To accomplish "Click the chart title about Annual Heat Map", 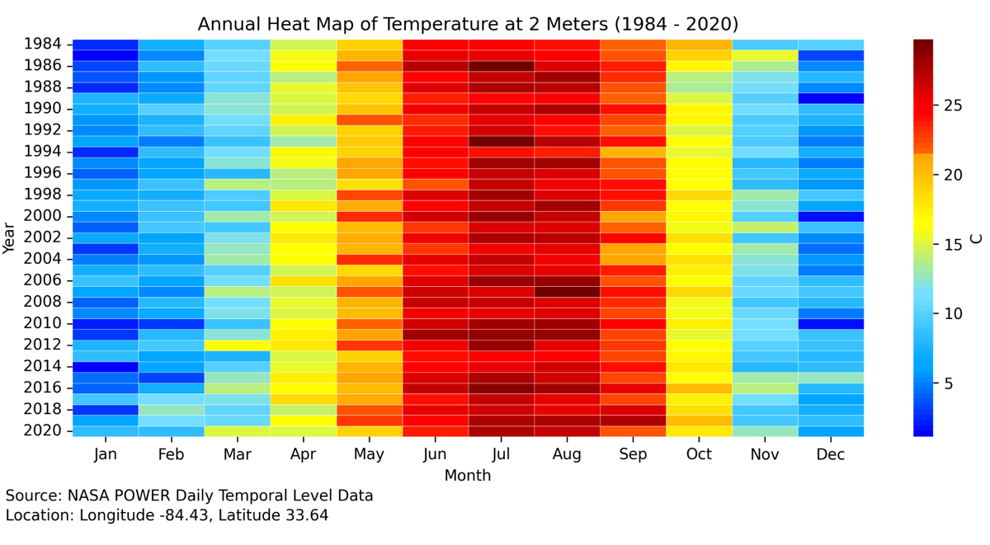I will click(x=468, y=23).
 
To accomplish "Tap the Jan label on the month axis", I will click(x=106, y=454).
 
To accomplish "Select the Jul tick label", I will click(x=501, y=454).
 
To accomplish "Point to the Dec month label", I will click(x=831, y=454).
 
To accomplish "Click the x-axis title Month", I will click(x=468, y=476).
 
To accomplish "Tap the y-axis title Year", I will click(x=10, y=237).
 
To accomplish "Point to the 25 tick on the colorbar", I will click(x=952, y=106).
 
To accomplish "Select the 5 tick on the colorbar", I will click(x=948, y=383).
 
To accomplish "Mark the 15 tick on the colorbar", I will click(x=952, y=245).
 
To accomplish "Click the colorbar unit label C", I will click(x=977, y=237).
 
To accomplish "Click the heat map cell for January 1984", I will click(x=106, y=45).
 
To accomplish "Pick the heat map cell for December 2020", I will click(x=831, y=430).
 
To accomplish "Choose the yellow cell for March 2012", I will click(x=238, y=345).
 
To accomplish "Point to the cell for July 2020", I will click(x=501, y=430).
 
